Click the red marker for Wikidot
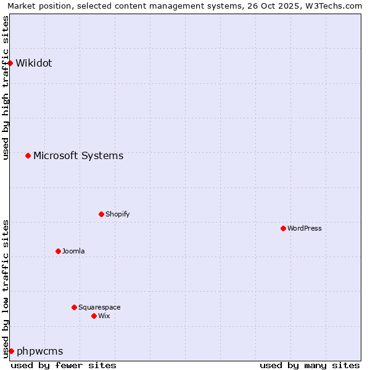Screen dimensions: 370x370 [x=10, y=63]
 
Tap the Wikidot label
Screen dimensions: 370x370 [x=34, y=63]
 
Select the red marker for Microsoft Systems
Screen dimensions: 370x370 [x=28, y=155]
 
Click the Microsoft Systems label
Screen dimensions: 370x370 [x=78, y=155]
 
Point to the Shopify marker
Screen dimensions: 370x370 [x=101, y=214]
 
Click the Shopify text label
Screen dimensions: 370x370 [x=117, y=214]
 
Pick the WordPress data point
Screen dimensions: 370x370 [x=283, y=228]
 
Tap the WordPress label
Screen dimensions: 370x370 [x=305, y=228]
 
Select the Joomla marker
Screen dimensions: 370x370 [x=58, y=251]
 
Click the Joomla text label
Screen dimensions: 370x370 [x=73, y=251]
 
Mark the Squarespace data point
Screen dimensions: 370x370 [x=74, y=307]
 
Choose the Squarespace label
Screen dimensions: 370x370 [x=99, y=307]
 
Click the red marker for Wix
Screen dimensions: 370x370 [x=94, y=316]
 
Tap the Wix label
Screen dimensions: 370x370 [x=104, y=316]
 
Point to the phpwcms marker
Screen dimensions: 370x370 [x=11, y=351]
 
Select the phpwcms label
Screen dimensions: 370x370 [x=40, y=351]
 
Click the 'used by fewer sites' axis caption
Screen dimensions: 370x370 [x=64, y=365]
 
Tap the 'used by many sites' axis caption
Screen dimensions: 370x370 [x=310, y=365]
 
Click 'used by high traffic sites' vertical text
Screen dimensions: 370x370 [x=6, y=88]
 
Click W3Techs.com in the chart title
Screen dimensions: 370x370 [x=334, y=6]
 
